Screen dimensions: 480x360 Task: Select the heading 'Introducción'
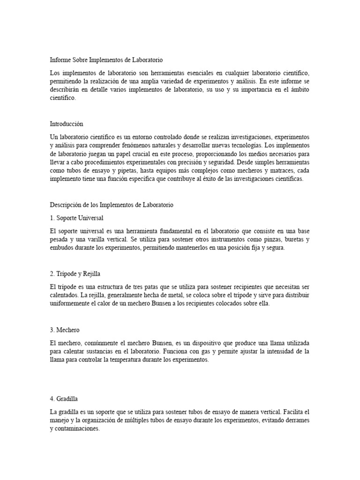pos(67,124)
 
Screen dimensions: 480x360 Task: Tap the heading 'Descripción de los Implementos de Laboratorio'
pos(112,205)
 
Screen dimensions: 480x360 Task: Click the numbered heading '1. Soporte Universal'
pos(76,218)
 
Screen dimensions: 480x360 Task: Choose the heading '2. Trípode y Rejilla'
pos(75,274)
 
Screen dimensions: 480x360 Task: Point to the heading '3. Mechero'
pos(65,330)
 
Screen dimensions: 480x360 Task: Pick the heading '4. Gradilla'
pos(65,399)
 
